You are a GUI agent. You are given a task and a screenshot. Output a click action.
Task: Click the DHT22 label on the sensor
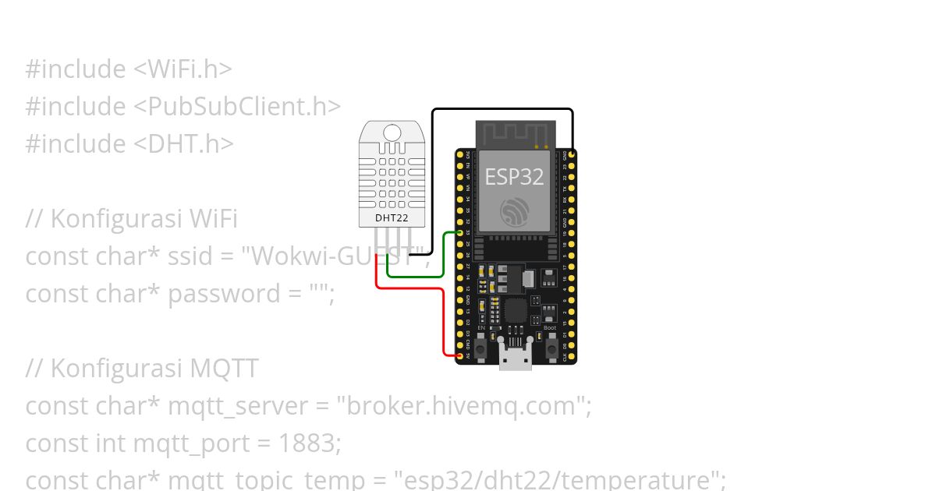click(x=392, y=217)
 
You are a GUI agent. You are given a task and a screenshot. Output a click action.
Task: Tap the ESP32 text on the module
click(x=514, y=176)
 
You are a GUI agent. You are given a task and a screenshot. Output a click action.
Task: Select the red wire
click(x=443, y=320)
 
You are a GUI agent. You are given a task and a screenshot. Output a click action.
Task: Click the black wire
click(x=503, y=109)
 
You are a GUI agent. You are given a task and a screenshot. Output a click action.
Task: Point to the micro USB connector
click(x=515, y=359)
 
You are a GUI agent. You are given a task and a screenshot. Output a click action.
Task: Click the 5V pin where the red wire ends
click(x=459, y=356)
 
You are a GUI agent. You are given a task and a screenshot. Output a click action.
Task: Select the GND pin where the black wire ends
click(x=573, y=156)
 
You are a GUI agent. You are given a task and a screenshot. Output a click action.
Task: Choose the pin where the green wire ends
click(x=459, y=233)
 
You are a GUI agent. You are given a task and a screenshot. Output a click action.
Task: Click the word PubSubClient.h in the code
click(x=243, y=106)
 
